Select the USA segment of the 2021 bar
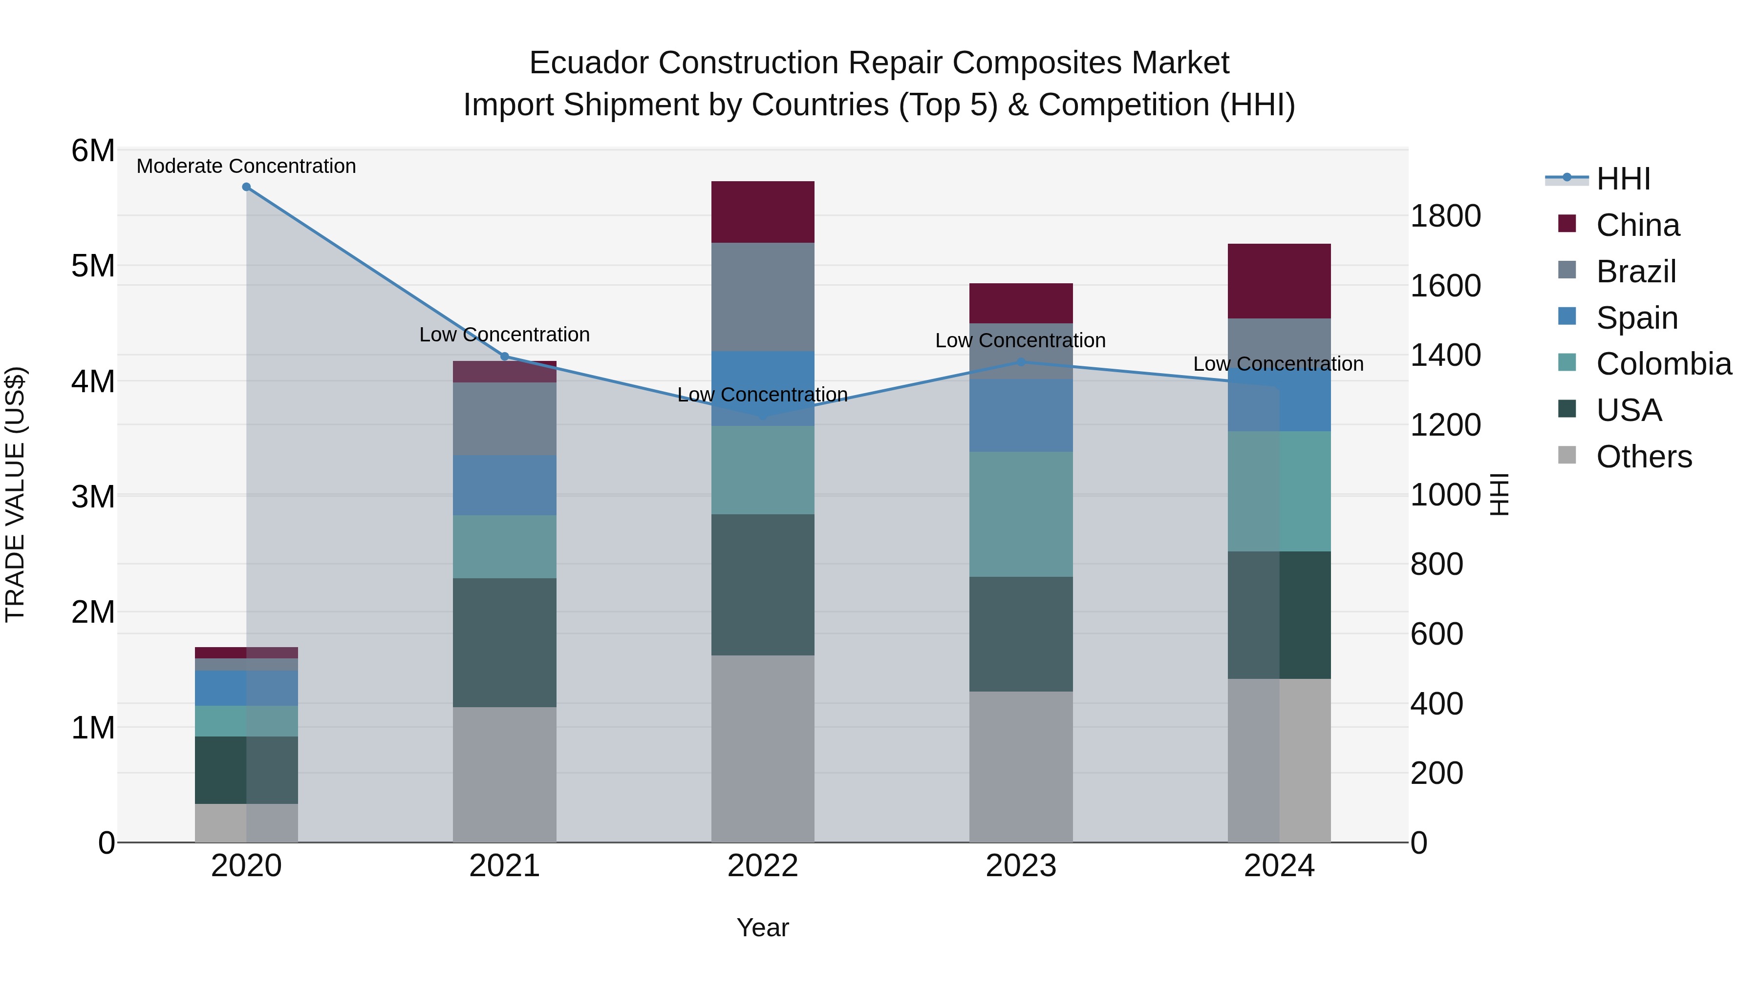coord(505,642)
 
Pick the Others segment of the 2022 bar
coord(763,749)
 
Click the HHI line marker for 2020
coord(247,187)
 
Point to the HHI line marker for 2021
coord(505,357)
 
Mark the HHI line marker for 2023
coord(1021,362)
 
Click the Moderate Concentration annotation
coord(247,167)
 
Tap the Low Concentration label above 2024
coord(1278,364)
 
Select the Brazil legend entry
coord(1635,272)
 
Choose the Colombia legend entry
coord(1663,364)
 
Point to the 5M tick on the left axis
coord(93,266)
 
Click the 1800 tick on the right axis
coord(1445,216)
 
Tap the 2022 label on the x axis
coord(763,866)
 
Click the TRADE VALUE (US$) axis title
coord(15,494)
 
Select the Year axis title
coord(763,927)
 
